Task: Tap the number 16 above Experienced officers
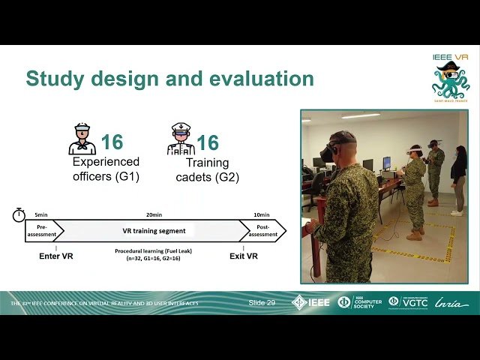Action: pos(112,142)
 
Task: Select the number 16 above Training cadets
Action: pos(207,142)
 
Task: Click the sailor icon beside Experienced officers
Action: pos(82,139)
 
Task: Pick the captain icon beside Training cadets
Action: pos(181,139)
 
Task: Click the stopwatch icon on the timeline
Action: pos(19,215)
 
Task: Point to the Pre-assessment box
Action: pos(42,231)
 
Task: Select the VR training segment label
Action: pos(154,231)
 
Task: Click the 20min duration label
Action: pos(154,214)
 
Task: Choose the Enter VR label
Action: pos(55,256)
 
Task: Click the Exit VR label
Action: pos(244,256)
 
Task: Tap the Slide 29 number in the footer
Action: pos(262,302)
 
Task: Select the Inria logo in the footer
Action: pos(451,302)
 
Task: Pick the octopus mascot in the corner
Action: pos(451,79)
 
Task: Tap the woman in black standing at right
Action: pos(457,179)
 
